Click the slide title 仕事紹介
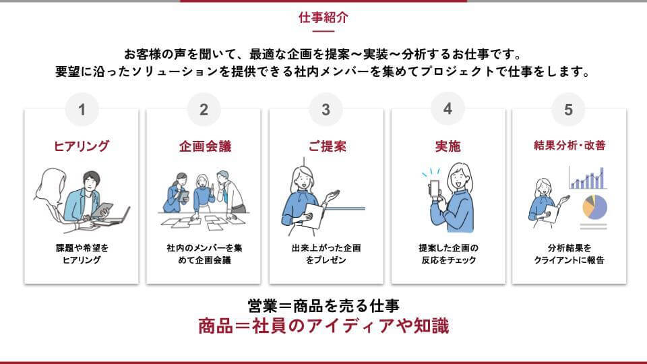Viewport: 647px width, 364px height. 323,18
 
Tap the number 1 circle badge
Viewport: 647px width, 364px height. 82,109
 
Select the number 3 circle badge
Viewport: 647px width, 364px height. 326,109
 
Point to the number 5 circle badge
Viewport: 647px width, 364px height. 569,109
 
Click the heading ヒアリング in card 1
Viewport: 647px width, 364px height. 82,146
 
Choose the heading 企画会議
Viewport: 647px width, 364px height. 205,146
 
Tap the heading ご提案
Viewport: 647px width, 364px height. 327,146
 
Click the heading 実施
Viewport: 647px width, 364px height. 448,146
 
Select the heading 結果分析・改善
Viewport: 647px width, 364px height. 569,146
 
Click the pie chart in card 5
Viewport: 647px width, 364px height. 594,207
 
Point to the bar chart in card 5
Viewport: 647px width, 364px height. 588,178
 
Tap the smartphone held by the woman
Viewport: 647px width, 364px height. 435,190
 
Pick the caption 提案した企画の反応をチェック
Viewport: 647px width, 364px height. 449,254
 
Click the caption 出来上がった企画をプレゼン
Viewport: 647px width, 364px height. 326,254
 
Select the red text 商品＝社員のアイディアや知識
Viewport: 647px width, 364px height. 323,326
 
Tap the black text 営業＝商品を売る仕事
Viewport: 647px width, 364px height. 323,306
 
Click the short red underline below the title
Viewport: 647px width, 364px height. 323,31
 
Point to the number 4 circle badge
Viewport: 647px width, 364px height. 448,109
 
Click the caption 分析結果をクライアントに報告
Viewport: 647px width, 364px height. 569,254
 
